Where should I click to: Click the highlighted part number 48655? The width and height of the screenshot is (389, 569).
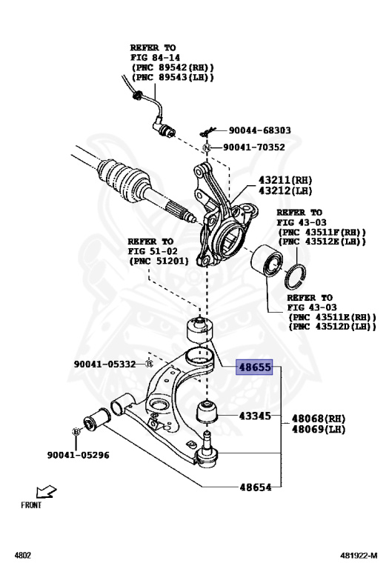(254, 367)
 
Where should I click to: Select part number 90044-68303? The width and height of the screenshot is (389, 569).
(260, 130)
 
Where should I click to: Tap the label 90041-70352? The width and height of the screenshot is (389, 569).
(254, 147)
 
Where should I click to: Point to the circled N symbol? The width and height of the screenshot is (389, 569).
(207, 147)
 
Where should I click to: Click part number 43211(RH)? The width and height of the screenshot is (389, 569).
(285, 180)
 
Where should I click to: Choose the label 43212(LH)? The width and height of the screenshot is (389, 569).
(285, 190)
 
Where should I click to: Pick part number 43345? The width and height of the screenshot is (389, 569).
(255, 416)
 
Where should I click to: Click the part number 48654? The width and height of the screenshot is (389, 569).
(256, 487)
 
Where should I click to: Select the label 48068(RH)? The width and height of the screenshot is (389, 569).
(319, 419)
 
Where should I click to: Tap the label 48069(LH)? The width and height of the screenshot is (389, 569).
(319, 429)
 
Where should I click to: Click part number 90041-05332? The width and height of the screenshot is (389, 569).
(104, 364)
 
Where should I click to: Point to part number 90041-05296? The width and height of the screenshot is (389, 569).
(78, 455)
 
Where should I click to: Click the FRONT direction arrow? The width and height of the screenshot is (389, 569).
(46, 492)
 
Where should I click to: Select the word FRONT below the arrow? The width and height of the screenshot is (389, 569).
(31, 505)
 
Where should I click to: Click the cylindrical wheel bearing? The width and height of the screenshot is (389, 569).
(267, 261)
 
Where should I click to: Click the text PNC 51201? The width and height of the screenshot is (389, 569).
(159, 261)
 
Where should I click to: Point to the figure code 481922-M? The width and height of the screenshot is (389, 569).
(359, 555)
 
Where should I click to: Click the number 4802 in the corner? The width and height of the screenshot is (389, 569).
(22, 555)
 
